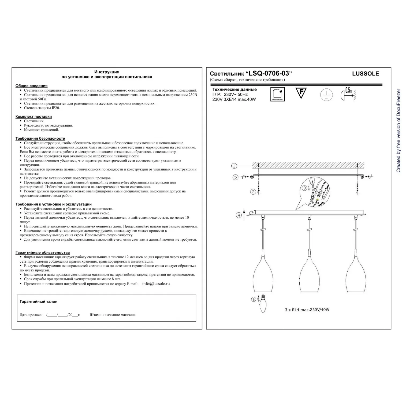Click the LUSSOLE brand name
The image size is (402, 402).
point(365,74)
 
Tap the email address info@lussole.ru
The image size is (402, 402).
point(156,284)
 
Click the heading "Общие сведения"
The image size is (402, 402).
point(31,86)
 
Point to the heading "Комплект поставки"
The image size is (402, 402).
point(33,117)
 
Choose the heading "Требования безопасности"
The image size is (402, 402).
point(40,139)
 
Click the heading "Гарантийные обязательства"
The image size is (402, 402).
point(42,252)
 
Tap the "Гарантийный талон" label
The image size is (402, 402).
point(39,301)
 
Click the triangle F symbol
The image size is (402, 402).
point(301,93)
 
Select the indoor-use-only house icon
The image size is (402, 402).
point(277,94)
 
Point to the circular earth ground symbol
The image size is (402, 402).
point(326,95)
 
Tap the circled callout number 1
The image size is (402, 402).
point(234,166)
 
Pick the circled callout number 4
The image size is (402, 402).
point(239,215)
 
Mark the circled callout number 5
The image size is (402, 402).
point(235,177)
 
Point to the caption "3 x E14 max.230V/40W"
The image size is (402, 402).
point(307,310)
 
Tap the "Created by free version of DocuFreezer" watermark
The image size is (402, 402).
point(398,131)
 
